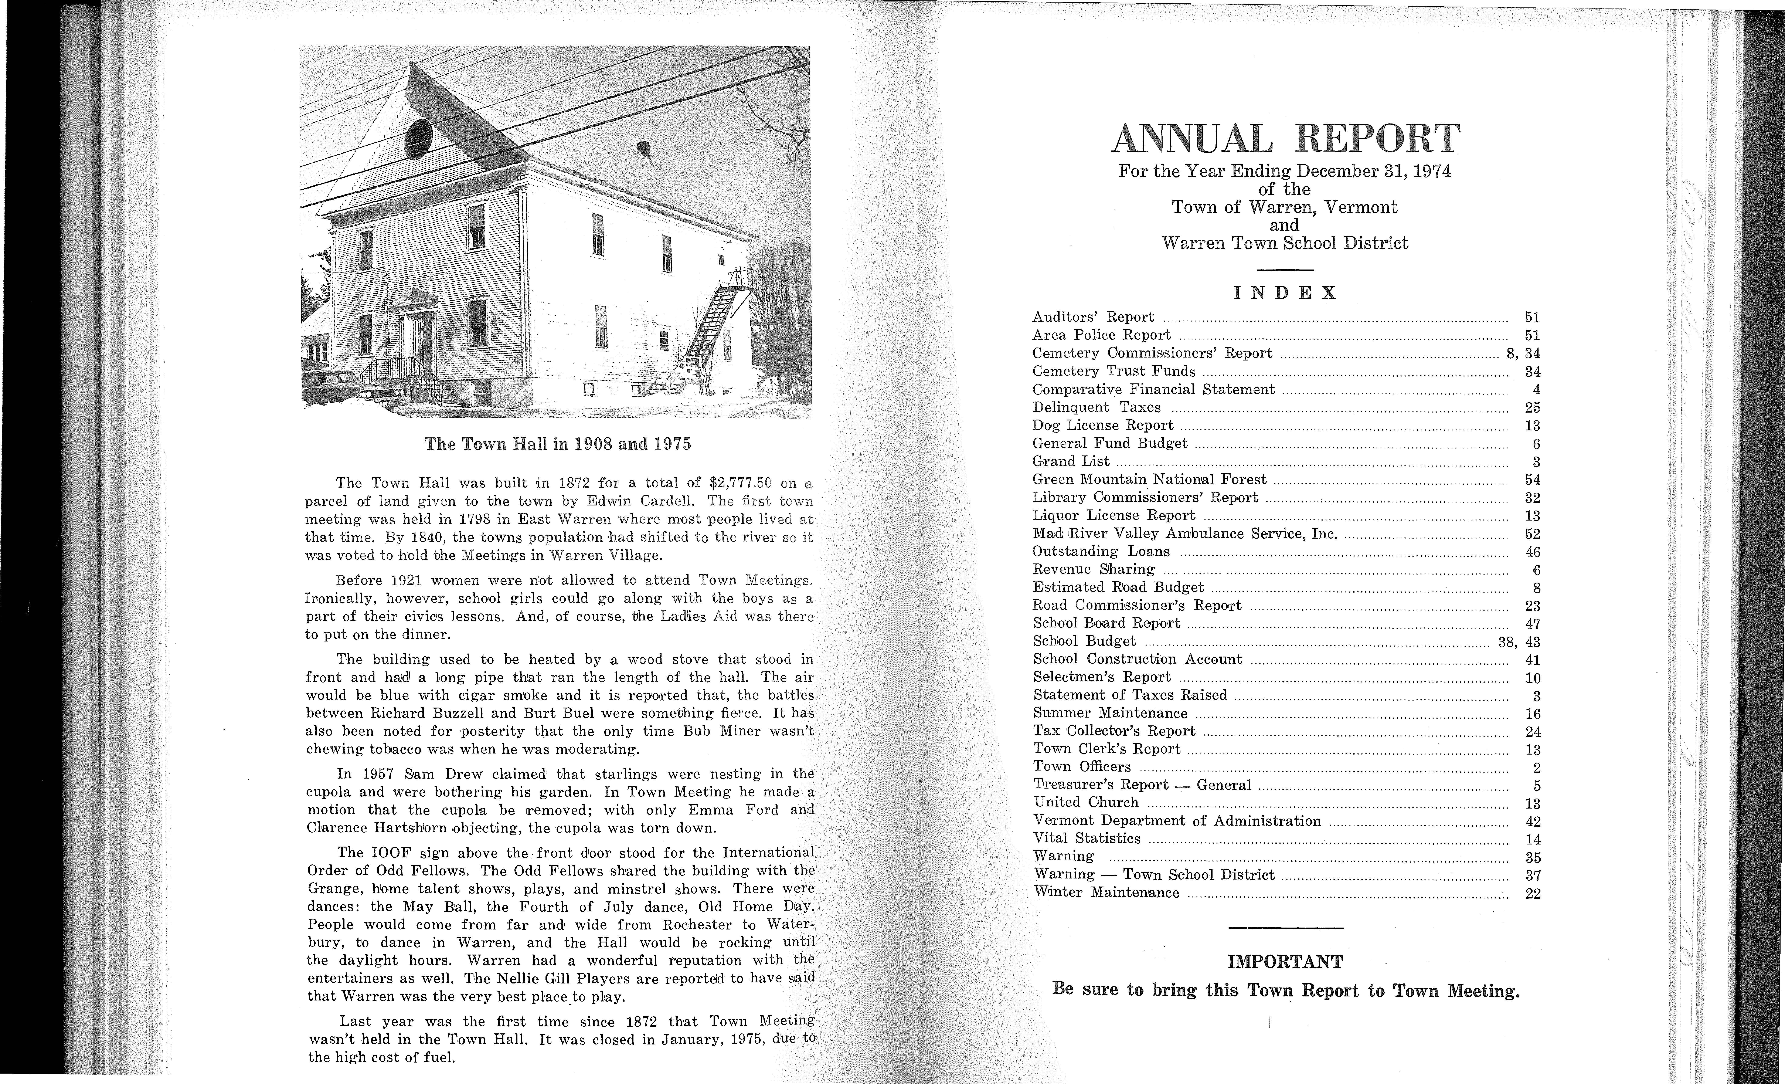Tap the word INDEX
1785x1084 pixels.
[1285, 293]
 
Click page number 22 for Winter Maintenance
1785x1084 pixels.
[1532, 893]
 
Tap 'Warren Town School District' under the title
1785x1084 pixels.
[1285, 243]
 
